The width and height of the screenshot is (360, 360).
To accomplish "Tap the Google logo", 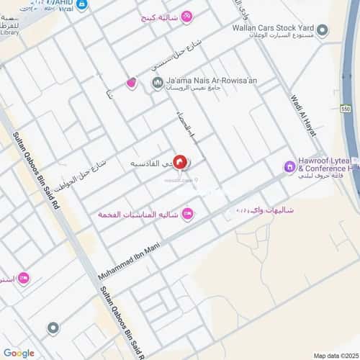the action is point(19,353).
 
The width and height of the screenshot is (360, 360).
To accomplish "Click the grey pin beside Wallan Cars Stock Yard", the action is point(323,30).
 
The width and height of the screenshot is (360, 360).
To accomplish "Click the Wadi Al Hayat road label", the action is point(303,108).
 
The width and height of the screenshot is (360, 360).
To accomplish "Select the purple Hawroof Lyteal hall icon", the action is point(289,167).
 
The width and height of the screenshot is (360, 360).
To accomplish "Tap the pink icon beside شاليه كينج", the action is point(186,16).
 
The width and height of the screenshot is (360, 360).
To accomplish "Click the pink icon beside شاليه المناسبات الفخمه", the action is point(187,212).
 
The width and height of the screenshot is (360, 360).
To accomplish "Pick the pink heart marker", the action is point(131,84).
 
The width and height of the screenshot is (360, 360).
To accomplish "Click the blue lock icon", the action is point(81,5).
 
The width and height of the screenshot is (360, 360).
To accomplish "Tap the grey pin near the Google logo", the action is point(52,328).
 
